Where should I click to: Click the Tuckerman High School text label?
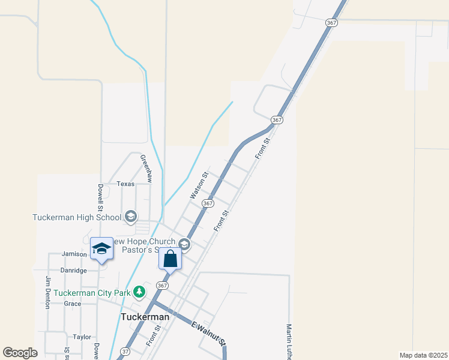77,217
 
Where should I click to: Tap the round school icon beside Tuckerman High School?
130,216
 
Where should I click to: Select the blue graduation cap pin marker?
101,248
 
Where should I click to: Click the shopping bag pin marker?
170,259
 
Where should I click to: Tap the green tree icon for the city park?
139,292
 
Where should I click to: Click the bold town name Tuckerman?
145,317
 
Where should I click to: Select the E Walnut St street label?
209,334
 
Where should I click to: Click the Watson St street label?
199,186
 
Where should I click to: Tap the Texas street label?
125,184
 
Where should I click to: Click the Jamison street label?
74,254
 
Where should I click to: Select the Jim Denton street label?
47,292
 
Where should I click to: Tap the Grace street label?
73,304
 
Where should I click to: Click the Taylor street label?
82,337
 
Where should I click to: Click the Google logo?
20,353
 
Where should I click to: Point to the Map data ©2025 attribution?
424,355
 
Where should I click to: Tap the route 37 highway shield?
124,351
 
